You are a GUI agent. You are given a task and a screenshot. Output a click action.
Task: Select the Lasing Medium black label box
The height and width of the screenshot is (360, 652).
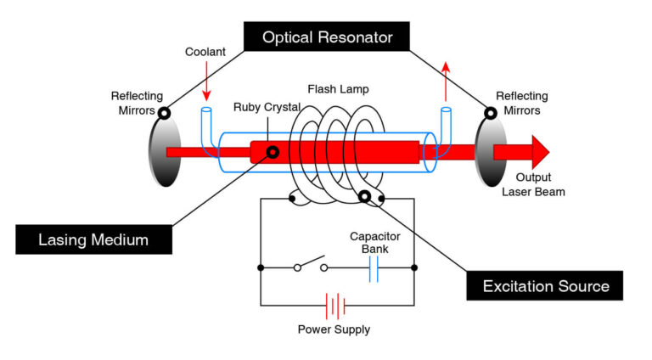click(93, 239)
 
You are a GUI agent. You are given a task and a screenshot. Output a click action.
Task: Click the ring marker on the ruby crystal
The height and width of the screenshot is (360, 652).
click(273, 153)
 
